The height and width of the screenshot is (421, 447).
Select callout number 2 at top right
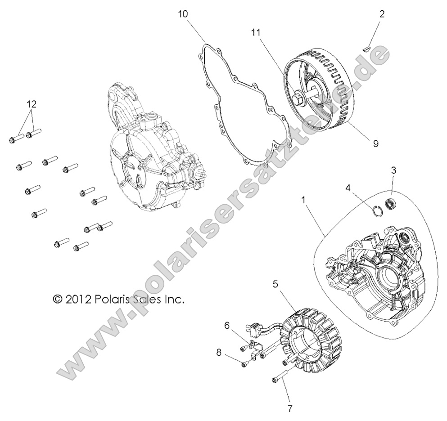(x=382, y=14)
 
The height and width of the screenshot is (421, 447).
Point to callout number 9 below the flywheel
(x=375, y=143)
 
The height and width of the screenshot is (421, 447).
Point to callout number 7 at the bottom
(x=290, y=408)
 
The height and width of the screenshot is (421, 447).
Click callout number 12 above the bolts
(x=31, y=104)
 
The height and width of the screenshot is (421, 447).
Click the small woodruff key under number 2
(x=366, y=45)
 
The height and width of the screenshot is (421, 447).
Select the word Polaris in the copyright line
(x=113, y=299)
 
